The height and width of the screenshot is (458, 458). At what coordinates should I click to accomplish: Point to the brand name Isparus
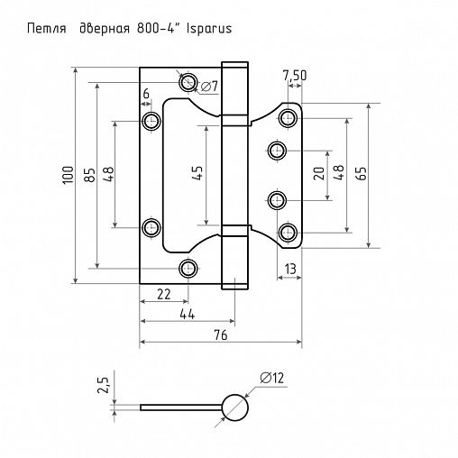[208, 28]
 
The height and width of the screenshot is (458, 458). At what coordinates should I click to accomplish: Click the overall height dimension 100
[67, 176]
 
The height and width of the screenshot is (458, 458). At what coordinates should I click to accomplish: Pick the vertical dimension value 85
[88, 176]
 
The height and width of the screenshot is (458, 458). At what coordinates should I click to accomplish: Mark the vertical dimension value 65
[362, 174]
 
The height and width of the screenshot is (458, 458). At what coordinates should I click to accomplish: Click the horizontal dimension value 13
[290, 269]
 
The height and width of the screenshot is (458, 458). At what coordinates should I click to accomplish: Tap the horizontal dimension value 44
[188, 314]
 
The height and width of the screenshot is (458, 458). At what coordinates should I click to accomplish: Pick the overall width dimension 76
[222, 335]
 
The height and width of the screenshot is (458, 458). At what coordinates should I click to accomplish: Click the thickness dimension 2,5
[105, 387]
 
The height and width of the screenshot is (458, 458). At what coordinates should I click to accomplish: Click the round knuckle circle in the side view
[234, 407]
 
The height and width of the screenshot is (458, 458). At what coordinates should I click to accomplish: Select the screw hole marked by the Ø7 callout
[188, 83]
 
